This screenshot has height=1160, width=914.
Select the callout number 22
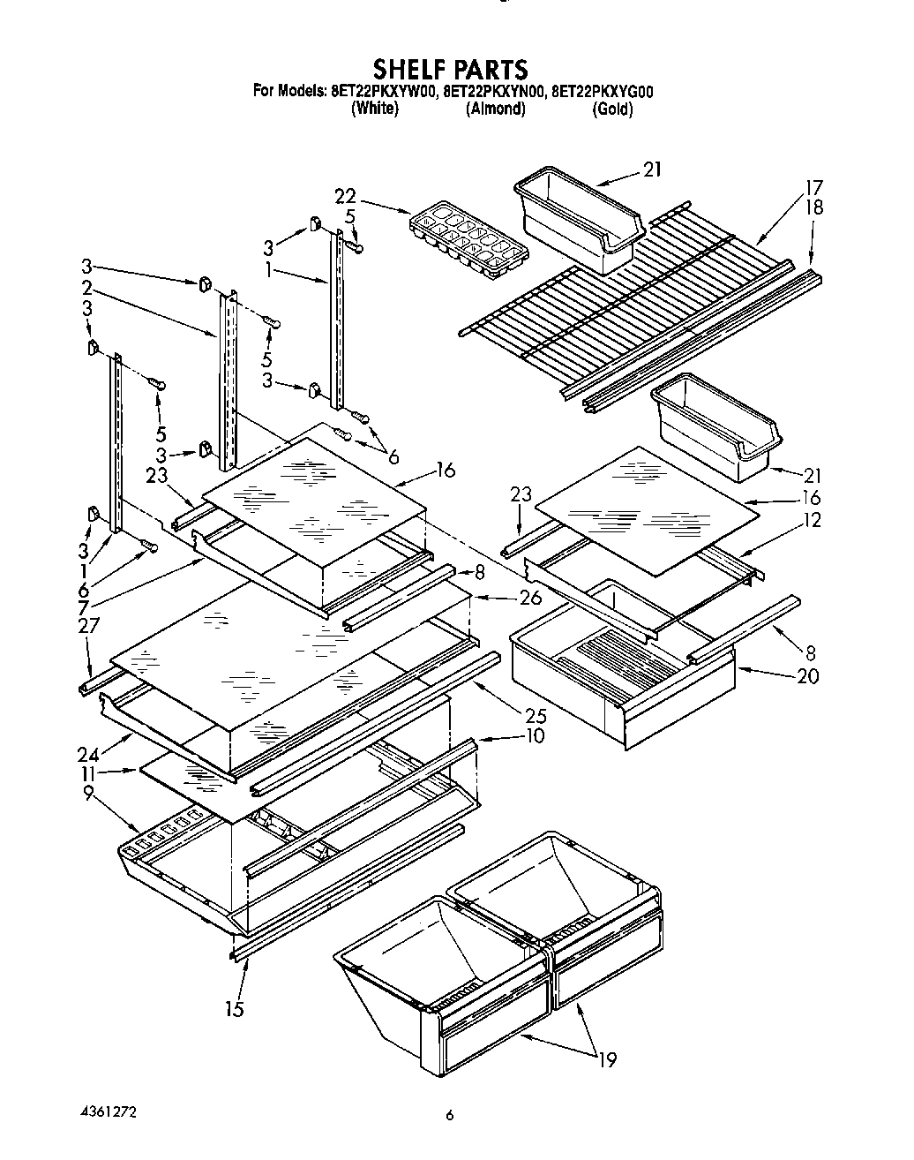[346, 196]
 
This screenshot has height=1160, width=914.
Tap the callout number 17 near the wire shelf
[813, 187]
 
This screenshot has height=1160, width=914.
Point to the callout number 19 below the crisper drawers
[605, 1058]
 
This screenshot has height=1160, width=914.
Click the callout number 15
[234, 1008]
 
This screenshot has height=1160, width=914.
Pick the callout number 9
[87, 793]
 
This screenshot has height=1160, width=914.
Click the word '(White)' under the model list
[374, 109]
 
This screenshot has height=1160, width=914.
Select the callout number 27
[88, 626]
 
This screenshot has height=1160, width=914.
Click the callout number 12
[812, 520]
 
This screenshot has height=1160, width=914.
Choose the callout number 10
[535, 735]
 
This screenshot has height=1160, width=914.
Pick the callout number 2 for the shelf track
[87, 287]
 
